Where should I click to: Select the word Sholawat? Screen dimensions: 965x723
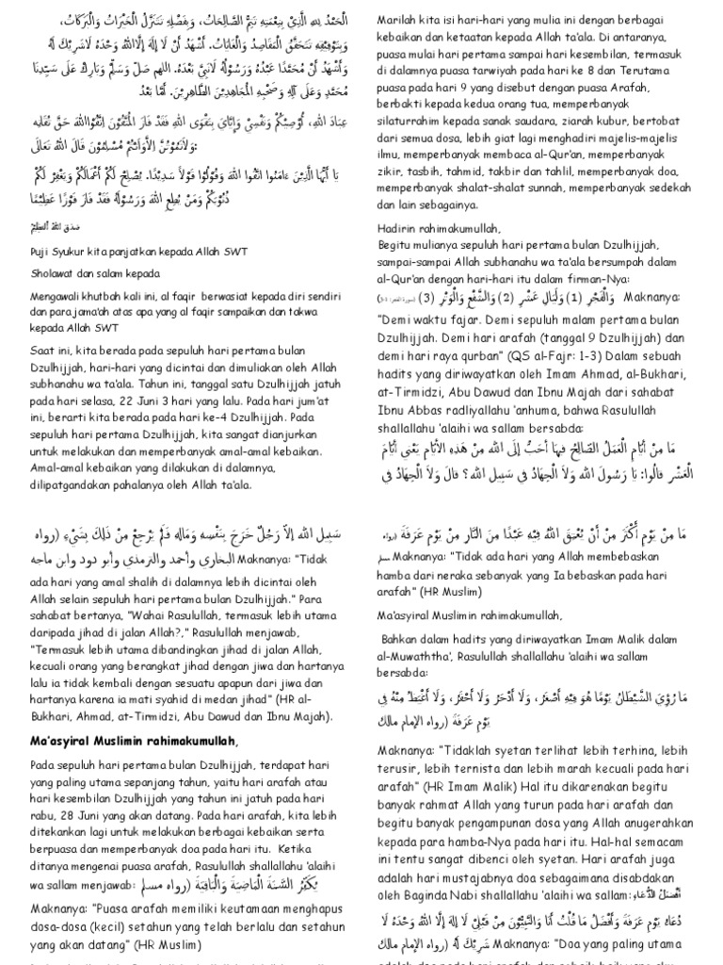[42, 273]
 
